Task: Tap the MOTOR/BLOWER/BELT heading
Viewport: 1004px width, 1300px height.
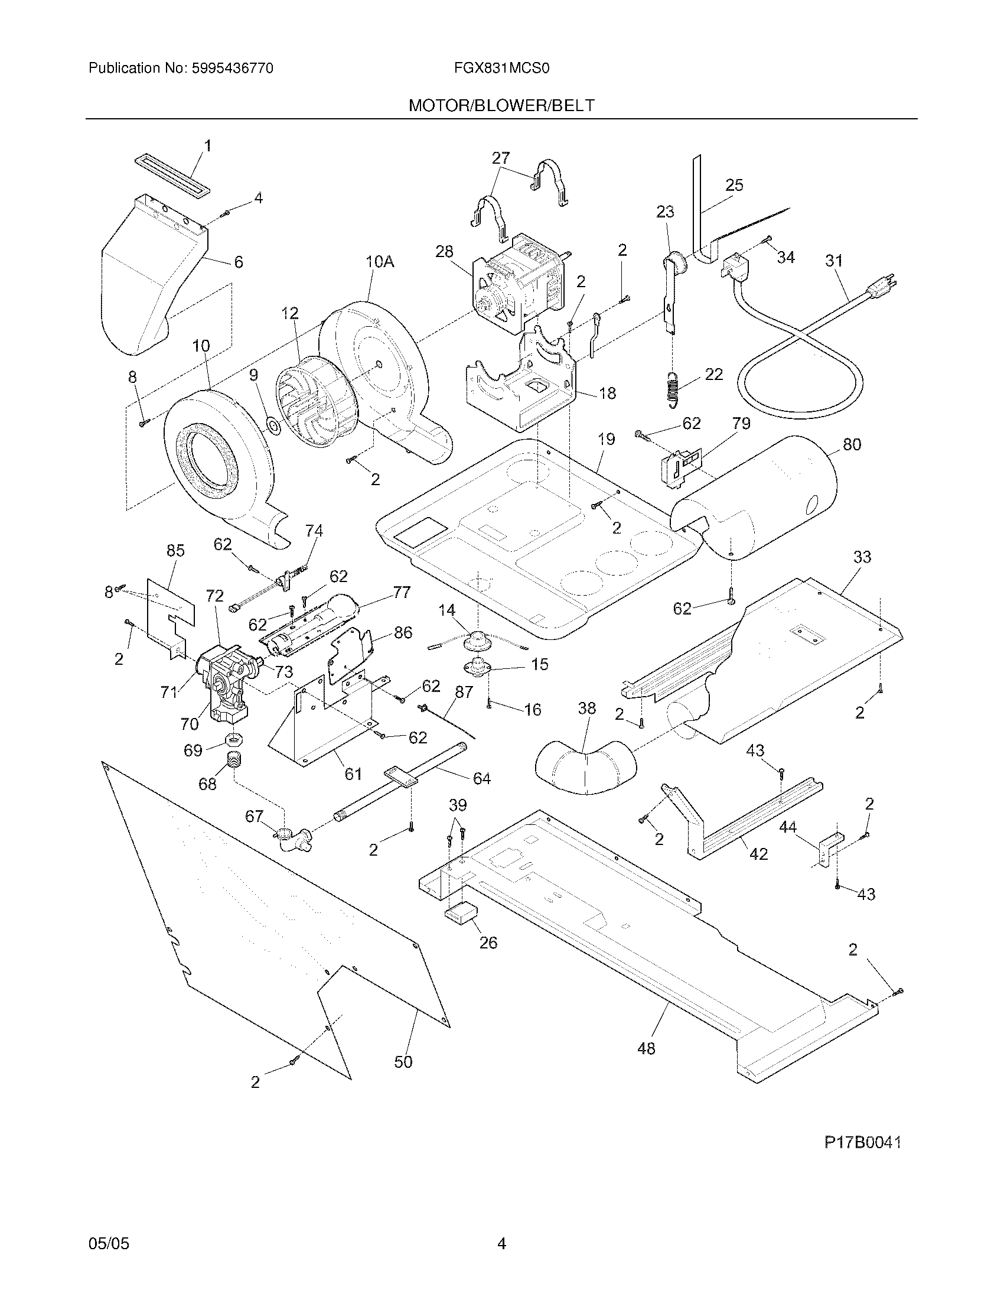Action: [x=501, y=106]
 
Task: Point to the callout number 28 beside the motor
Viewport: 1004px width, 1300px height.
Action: [x=444, y=252]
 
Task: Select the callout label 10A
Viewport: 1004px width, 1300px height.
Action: [x=380, y=261]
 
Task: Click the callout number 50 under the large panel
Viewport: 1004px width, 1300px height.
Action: [x=403, y=1062]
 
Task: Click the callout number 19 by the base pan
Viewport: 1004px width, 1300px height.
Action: [x=605, y=439]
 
